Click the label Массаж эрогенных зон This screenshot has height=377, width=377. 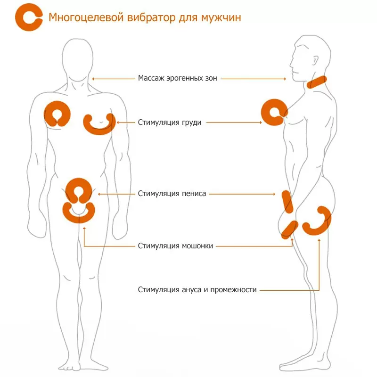(x=178, y=79)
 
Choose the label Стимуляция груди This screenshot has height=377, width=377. (x=170, y=123)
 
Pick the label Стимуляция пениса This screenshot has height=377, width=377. (x=172, y=193)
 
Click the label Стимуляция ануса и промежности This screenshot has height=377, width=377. (x=197, y=290)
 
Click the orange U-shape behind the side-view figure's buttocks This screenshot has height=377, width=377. (x=319, y=221)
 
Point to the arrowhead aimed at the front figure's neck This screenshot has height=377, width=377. (x=94, y=79)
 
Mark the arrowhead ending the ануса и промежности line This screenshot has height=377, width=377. (x=319, y=240)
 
